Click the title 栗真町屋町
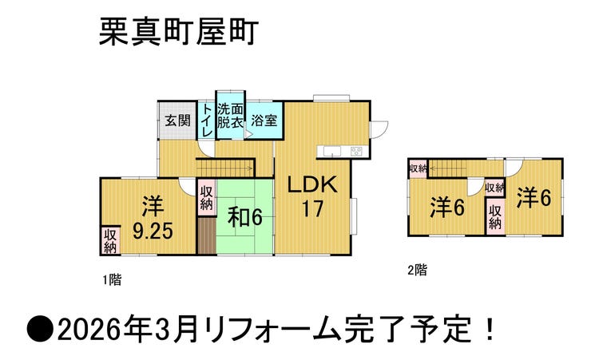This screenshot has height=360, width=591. pyautogui.click(x=179, y=33)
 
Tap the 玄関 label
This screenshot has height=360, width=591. pyautogui.click(x=178, y=121)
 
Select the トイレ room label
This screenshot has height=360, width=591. pyautogui.click(x=207, y=121)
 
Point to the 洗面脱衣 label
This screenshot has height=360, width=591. pyautogui.click(x=230, y=117)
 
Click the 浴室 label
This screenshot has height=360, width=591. pyautogui.click(x=264, y=121)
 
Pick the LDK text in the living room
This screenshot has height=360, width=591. pyautogui.click(x=312, y=184)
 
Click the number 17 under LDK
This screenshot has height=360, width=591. pyautogui.click(x=312, y=209)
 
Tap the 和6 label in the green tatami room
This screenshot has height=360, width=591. pyautogui.click(x=244, y=217)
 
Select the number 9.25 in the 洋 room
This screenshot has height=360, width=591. pyautogui.click(x=153, y=231)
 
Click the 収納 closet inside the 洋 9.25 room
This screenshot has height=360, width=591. pyautogui.click(x=110, y=241)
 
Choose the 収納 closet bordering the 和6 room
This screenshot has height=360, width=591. pyautogui.click(x=207, y=198)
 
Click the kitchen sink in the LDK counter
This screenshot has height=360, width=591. pyautogui.click(x=332, y=151)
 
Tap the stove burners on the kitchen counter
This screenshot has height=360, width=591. pyautogui.click(x=356, y=151)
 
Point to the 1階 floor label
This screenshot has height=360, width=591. pyautogui.click(x=113, y=280)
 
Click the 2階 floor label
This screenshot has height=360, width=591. pyautogui.click(x=417, y=270)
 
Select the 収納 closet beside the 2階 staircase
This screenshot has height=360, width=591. pyautogui.click(x=418, y=168)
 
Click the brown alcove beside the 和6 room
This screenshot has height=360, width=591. pyautogui.click(x=207, y=235)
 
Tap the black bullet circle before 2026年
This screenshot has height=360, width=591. pyautogui.click(x=40, y=329)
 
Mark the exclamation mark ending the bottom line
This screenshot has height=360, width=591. pyautogui.click(x=490, y=328)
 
